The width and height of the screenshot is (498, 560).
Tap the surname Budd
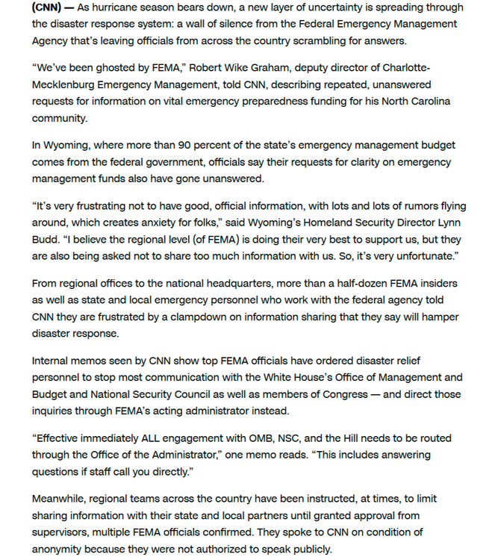pos(48,241)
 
